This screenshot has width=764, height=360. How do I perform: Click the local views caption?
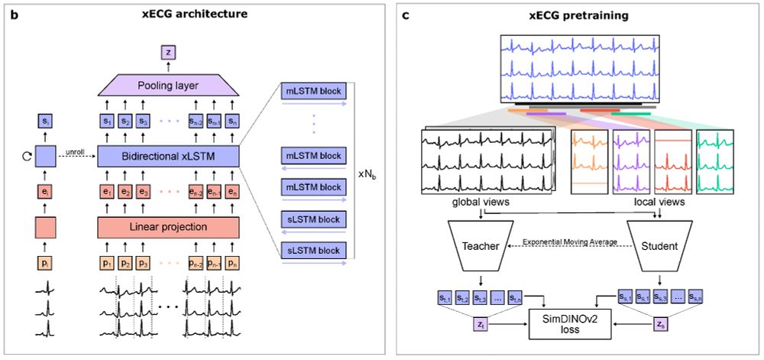pos(659,202)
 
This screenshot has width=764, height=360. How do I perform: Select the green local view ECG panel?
pos(715,160)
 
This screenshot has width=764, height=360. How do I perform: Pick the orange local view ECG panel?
pos(590,160)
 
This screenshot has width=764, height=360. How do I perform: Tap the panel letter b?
pos(13,15)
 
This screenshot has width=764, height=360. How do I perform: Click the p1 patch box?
pos(106,263)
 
